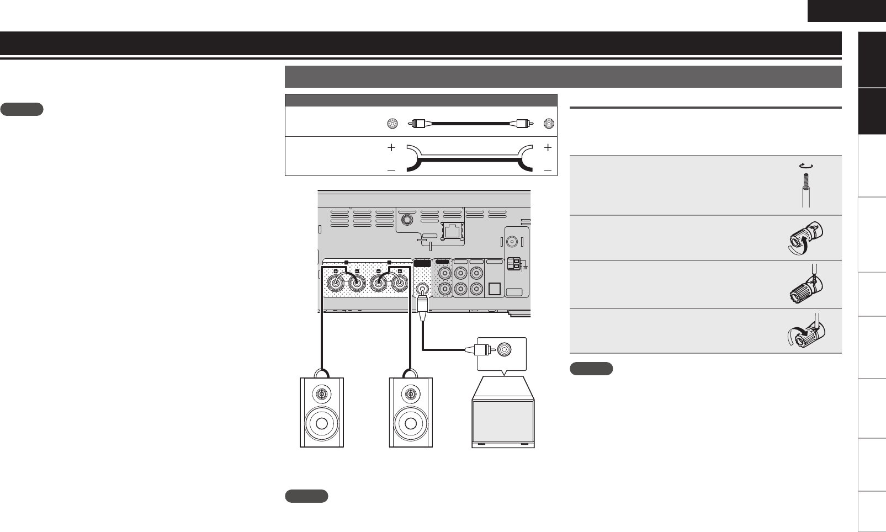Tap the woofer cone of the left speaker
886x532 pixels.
(321, 423)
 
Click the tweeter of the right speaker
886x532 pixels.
(411, 394)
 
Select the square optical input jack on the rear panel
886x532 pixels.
(495, 289)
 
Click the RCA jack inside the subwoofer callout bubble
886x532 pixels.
(505, 349)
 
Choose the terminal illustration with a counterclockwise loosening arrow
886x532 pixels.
(804, 238)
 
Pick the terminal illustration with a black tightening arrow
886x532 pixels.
(805, 332)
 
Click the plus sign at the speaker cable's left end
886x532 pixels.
(391, 147)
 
